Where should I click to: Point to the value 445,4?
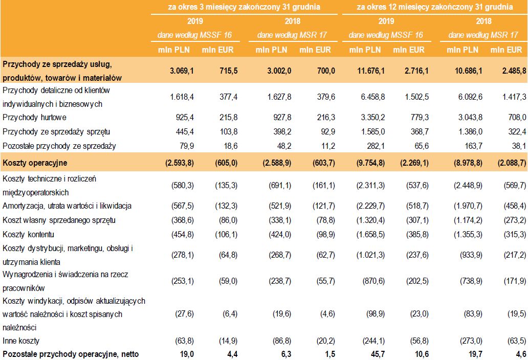pos(183,131)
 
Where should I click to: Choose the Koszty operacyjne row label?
pos(34,163)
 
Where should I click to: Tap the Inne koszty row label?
pos(21,340)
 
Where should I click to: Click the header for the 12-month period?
pos(434,7)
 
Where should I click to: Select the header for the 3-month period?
pos(244,7)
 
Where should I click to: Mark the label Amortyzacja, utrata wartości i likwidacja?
pos(67,206)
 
